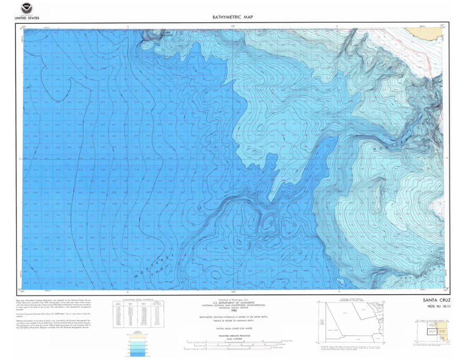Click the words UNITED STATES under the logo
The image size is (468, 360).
click(25, 18)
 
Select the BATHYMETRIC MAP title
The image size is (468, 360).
click(232, 17)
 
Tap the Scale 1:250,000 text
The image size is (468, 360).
click(233, 339)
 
